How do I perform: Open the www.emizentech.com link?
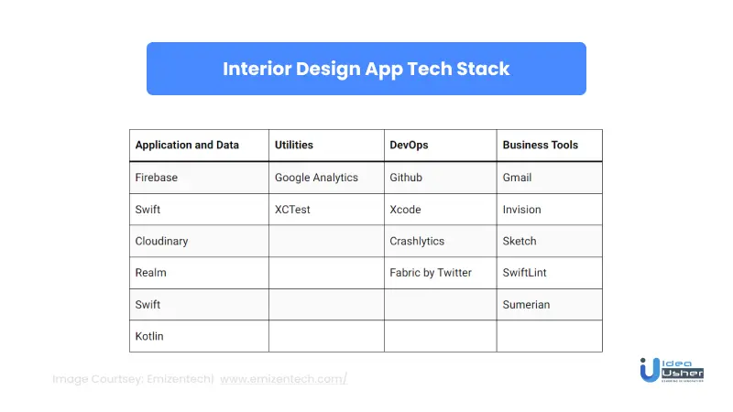283,379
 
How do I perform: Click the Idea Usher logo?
672,370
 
